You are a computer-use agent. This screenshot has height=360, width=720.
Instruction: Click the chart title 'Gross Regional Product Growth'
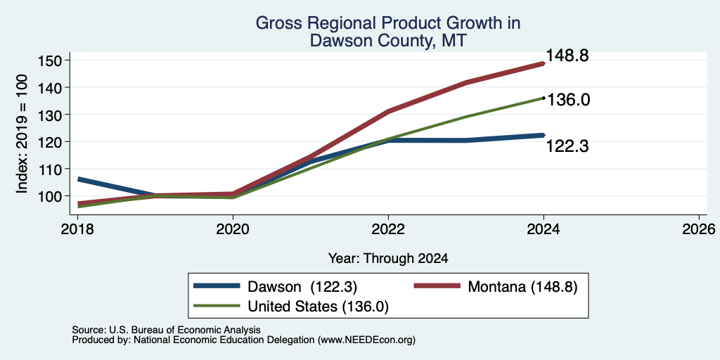[388, 23]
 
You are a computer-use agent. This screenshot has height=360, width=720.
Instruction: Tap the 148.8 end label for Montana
[567, 56]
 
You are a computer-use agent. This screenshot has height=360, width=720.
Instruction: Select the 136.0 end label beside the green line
[568, 100]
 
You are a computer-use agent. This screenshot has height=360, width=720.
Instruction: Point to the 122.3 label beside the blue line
[567, 146]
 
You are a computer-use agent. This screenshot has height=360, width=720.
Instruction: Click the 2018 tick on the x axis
[77, 229]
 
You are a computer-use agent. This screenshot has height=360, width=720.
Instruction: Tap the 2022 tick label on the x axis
[388, 229]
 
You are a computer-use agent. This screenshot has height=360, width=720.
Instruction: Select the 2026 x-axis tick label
[700, 229]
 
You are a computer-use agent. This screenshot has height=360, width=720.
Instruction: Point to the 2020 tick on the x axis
[233, 229]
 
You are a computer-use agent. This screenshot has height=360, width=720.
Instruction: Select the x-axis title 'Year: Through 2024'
[388, 259]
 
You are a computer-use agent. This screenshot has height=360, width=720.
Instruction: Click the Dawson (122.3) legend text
[302, 287]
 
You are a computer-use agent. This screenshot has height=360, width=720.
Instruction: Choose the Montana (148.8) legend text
[522, 287]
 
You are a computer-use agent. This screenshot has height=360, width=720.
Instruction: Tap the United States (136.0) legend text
[319, 307]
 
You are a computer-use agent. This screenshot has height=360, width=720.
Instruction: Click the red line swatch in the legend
[437, 286]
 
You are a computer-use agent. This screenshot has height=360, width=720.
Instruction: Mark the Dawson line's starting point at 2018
[78, 179]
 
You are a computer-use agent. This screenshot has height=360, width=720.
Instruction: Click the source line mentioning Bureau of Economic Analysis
[166, 330]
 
